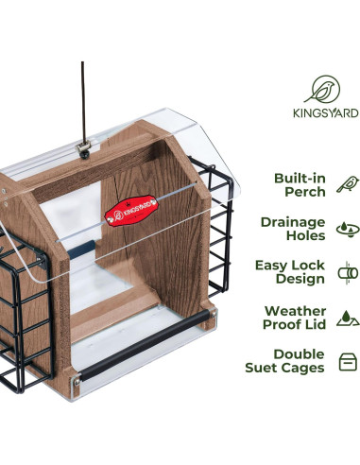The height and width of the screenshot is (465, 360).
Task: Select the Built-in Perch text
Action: click(x=300, y=184)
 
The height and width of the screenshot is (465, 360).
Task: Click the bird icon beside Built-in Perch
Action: click(x=347, y=184)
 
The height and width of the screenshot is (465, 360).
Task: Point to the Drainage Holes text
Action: click(x=292, y=229)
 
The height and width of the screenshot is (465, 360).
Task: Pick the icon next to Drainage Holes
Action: click(x=347, y=229)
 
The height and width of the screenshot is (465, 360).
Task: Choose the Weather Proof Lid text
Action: click(x=294, y=317)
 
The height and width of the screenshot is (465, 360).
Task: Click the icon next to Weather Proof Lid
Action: click(x=347, y=318)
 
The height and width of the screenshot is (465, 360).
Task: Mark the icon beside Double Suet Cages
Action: click(x=347, y=361)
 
